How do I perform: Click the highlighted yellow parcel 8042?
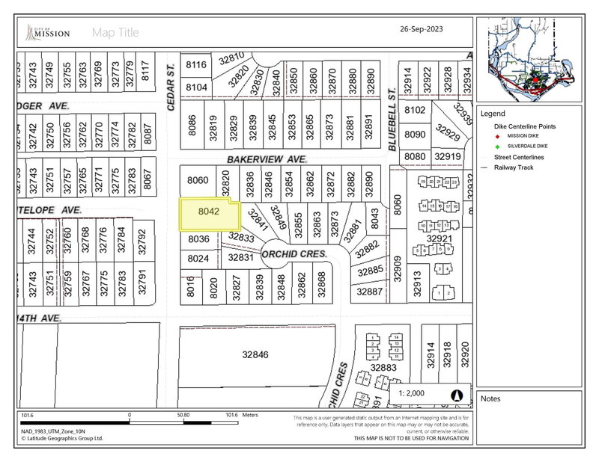point(208,213)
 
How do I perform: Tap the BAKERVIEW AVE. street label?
point(264,160)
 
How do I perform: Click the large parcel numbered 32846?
point(255,356)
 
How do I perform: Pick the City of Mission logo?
point(49,32)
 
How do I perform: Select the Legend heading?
point(493,114)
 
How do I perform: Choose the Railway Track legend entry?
point(515,167)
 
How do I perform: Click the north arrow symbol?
point(457,395)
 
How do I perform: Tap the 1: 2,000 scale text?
point(413,394)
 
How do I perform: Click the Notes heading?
point(490,398)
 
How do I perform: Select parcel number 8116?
point(195,65)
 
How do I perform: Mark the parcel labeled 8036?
point(198,239)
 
